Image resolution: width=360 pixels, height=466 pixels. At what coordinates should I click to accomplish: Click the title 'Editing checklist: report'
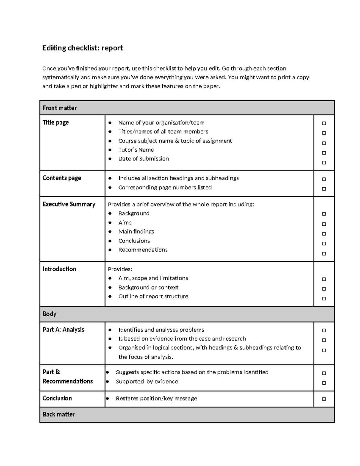82,48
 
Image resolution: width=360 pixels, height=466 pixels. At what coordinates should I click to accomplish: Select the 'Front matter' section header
60,108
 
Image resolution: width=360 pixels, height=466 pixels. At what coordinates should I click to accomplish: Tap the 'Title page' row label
56,122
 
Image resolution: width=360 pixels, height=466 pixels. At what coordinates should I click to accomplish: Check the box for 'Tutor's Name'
324,153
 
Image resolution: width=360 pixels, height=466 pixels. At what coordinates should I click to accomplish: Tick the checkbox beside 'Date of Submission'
324,163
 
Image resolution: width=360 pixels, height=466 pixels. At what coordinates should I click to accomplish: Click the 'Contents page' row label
62,178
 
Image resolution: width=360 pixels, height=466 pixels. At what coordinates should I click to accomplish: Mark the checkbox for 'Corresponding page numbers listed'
324,189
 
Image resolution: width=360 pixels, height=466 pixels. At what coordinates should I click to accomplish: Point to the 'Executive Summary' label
69,204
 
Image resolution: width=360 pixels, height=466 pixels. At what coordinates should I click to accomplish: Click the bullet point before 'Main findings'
110,232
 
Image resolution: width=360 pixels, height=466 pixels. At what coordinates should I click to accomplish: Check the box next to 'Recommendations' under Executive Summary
324,254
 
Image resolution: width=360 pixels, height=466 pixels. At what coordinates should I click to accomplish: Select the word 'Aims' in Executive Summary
125,223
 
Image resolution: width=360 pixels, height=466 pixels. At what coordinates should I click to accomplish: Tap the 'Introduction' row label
59,269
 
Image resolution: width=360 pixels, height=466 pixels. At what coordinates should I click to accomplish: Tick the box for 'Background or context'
324,289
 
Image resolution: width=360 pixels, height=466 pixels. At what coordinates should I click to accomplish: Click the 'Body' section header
49,314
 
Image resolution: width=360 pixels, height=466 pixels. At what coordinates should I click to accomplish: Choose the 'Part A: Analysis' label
64,329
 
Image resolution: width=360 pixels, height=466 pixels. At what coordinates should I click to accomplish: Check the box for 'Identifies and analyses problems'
324,330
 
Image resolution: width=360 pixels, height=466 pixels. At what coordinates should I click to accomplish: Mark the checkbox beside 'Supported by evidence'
324,383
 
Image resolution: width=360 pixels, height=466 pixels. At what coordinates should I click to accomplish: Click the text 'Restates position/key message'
156,398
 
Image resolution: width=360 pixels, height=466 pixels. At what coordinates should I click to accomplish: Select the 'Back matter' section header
58,414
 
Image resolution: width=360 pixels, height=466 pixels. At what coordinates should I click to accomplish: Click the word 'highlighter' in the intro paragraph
104,86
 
